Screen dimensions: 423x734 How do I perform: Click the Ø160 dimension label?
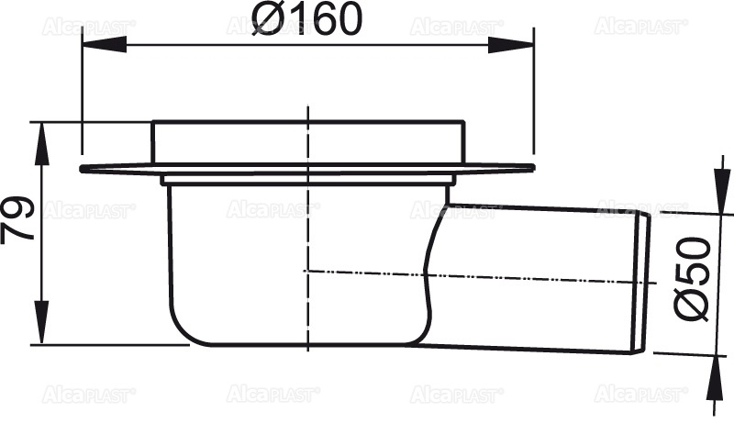click(309, 19)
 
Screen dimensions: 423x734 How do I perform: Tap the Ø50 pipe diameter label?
click(695, 277)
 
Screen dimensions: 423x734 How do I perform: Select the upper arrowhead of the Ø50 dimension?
click(721, 204)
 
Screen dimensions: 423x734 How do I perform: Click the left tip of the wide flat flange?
click(83, 169)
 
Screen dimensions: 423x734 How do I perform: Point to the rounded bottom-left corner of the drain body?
click(183, 330)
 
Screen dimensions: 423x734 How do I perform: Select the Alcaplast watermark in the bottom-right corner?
click(640, 394)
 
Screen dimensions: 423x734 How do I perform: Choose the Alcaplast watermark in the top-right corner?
click(640, 28)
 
